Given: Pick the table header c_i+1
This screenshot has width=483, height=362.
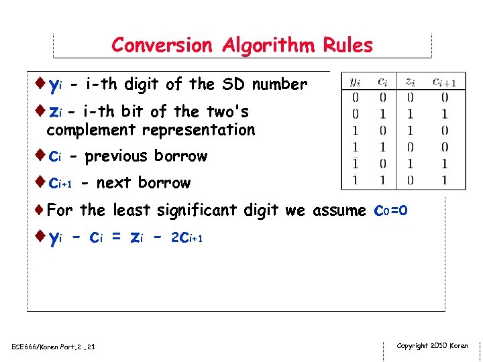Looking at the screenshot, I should (444, 82).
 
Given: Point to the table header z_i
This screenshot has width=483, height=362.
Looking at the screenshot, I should (409, 82).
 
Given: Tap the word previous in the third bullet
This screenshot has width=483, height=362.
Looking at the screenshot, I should (118, 156).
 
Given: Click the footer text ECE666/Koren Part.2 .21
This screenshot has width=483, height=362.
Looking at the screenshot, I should (54, 347).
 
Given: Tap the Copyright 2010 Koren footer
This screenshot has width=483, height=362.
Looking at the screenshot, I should (432, 346).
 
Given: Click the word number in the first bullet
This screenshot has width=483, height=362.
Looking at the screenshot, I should (280, 84).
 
